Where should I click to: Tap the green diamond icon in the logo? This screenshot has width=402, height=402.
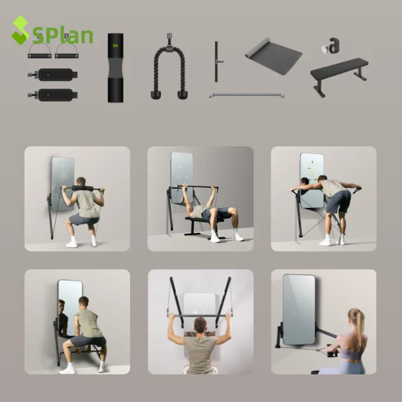pyautogui.click(x=20, y=30)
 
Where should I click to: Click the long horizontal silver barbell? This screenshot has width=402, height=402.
pyautogui.click(x=247, y=96)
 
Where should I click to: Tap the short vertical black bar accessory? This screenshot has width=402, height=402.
pyautogui.click(x=216, y=62)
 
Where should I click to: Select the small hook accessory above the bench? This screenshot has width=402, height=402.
pyautogui.click(x=332, y=46)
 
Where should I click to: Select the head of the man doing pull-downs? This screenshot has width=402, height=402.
pyautogui.click(x=200, y=325)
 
